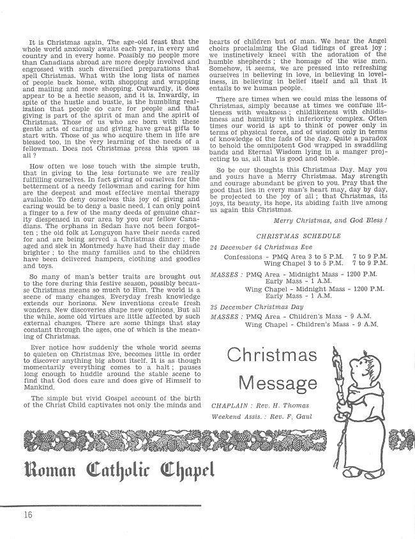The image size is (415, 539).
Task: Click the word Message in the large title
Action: pyautogui.click(x=276, y=383)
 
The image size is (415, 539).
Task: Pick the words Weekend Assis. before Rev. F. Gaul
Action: pyautogui.click(x=236, y=416)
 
